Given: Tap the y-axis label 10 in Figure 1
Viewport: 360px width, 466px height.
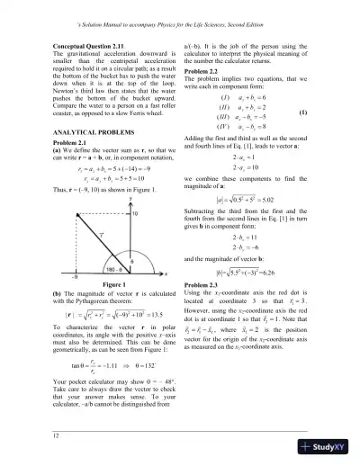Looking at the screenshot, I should click(x=135, y=215).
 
